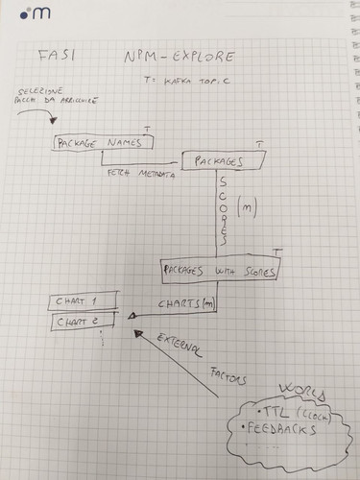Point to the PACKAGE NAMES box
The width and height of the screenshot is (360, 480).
tap(102, 142)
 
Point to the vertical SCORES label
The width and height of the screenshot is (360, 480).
tap(224, 208)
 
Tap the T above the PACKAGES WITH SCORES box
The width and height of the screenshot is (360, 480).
tap(276, 252)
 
